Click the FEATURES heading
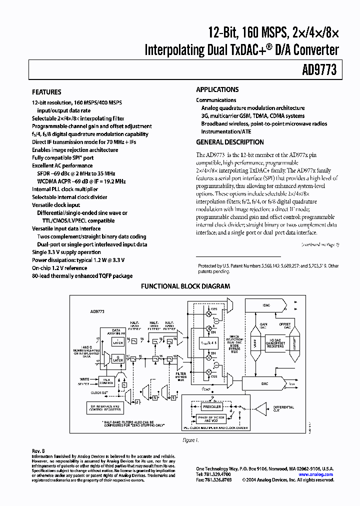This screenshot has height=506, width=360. point(46,92)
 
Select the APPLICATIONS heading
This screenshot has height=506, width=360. point(217,89)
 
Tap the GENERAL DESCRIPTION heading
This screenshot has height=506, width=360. point(230,142)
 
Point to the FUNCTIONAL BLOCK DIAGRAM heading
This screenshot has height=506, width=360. point(185,286)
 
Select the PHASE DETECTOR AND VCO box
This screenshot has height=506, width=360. point(212,419)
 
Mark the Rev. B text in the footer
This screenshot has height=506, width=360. point(38,451)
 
